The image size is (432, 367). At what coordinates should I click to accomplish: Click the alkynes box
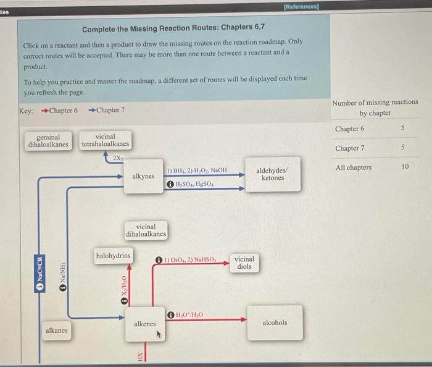pos(143,176)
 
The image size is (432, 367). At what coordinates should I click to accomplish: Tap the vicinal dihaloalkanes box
pos(146,230)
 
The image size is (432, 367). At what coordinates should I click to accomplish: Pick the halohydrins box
pos(113,255)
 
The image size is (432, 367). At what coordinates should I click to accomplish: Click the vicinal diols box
pos(244,263)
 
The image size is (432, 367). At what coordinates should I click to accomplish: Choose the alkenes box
pos(145,323)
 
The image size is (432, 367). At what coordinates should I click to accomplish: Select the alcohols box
pos(275,323)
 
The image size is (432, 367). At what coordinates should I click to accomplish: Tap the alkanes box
pos(56,331)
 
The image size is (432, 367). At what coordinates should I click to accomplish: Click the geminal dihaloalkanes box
pos(48,140)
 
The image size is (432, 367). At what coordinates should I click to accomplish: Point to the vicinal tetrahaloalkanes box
pos(105,140)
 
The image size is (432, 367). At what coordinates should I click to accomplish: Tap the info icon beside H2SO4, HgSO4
pos(170,185)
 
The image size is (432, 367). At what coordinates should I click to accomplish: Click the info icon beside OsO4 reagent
pos(159,260)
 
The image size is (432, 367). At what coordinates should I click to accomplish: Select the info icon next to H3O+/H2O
pos(170,314)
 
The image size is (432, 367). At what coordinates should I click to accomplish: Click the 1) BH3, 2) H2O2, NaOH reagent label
pos(197,170)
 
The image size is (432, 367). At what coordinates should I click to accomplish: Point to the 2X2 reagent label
pos(117,159)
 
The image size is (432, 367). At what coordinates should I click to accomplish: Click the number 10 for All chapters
pos(405,167)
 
